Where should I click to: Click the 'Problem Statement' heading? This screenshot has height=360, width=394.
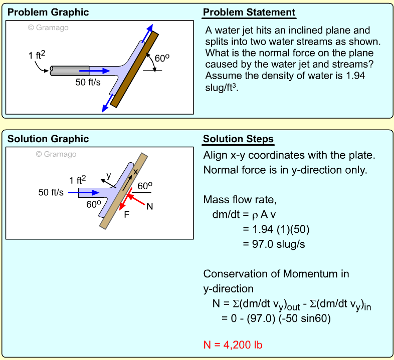click(x=249, y=13)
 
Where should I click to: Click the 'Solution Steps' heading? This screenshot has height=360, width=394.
click(x=238, y=139)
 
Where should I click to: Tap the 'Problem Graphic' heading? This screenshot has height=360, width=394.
click(x=48, y=13)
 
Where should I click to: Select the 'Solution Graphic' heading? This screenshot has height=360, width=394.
click(x=48, y=139)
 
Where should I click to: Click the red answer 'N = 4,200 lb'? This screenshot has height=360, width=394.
click(x=233, y=344)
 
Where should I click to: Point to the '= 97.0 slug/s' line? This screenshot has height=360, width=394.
click(x=274, y=244)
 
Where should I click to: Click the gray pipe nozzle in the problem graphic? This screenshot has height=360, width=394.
click(x=70, y=71)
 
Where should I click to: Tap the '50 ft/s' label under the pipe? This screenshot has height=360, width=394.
click(x=88, y=82)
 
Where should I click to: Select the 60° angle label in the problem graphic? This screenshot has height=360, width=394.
click(x=161, y=58)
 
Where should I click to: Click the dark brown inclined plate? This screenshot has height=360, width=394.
click(x=134, y=70)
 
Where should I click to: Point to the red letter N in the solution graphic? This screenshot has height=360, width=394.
click(x=149, y=206)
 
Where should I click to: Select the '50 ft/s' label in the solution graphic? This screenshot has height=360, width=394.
click(x=51, y=192)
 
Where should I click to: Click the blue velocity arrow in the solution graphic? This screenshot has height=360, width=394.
click(x=78, y=192)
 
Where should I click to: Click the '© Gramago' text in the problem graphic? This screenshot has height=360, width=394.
click(x=48, y=28)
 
